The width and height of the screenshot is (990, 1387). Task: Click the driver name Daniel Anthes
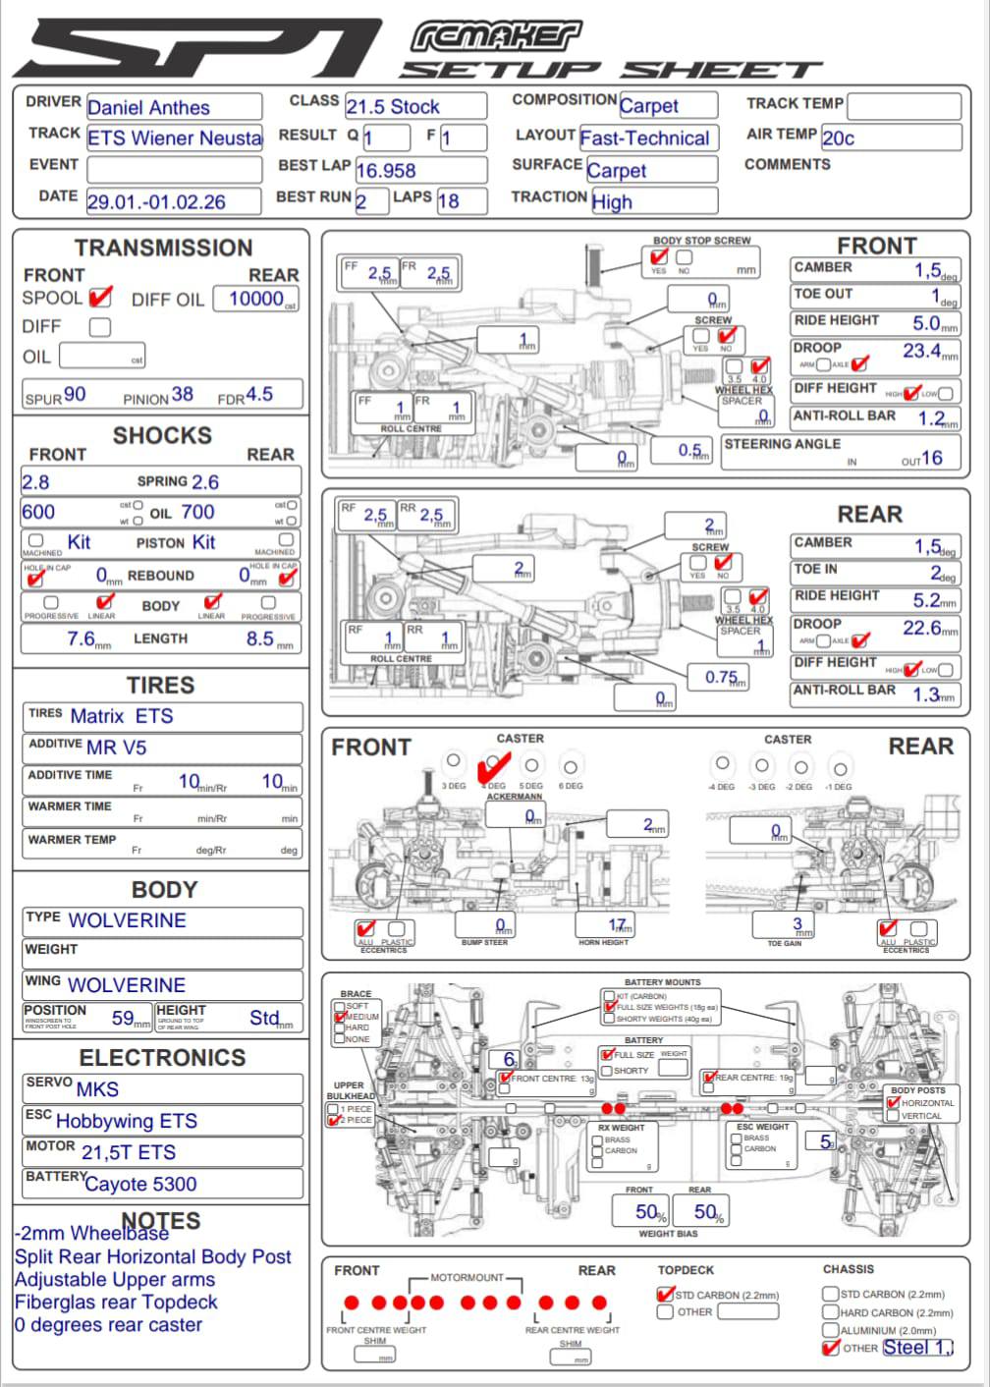(148, 108)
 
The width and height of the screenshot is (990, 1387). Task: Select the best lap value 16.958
(386, 171)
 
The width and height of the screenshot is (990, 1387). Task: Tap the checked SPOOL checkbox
(99, 297)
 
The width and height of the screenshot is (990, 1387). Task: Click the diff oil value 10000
(256, 299)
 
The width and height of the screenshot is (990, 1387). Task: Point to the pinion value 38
(183, 395)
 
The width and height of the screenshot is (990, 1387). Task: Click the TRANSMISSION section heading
(163, 248)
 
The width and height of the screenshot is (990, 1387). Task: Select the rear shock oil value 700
(197, 512)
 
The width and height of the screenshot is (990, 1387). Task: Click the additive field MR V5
(116, 748)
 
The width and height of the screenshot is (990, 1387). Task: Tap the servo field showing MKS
(97, 1089)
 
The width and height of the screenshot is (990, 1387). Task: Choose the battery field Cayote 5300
(140, 1185)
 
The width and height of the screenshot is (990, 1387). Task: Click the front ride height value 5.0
(926, 323)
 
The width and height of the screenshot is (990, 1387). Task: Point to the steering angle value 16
(931, 458)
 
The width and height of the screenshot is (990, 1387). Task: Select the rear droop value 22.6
(922, 628)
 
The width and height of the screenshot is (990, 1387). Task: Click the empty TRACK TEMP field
(904, 106)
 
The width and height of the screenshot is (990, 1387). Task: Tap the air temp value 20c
(838, 139)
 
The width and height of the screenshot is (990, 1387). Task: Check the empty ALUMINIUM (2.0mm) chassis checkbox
(831, 1330)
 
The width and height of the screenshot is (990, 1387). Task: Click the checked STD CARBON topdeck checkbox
(665, 1295)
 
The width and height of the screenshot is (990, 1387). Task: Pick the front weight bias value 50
(647, 1212)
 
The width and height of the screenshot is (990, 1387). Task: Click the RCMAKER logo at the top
(496, 37)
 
